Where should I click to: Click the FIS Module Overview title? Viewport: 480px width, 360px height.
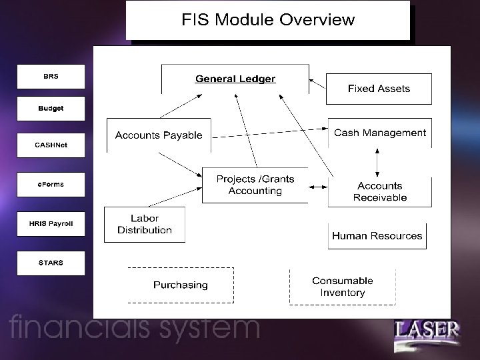tap(268, 20)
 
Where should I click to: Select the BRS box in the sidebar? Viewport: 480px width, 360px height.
tap(51, 77)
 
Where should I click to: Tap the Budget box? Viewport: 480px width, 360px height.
tap(51, 109)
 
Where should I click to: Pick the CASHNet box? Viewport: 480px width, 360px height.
tap(51, 145)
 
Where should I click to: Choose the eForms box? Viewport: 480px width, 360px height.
tap(51, 185)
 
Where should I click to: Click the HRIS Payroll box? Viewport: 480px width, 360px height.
tap(51, 224)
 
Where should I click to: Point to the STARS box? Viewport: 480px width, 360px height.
tap(51, 263)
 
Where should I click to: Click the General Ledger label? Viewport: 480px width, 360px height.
tap(235, 79)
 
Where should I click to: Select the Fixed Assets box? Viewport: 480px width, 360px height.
tap(379, 89)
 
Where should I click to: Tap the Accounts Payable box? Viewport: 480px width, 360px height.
tap(159, 135)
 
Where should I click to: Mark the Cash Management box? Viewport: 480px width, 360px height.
tap(379, 133)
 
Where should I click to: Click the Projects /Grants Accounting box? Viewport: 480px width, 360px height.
tap(255, 185)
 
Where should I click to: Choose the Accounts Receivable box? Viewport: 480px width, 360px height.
tap(380, 191)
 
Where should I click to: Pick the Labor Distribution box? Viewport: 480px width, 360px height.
tap(145, 224)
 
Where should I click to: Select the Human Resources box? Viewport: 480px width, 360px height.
tap(377, 236)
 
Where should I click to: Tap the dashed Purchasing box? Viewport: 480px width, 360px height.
tap(181, 285)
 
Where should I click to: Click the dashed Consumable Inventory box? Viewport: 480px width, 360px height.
tap(343, 287)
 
